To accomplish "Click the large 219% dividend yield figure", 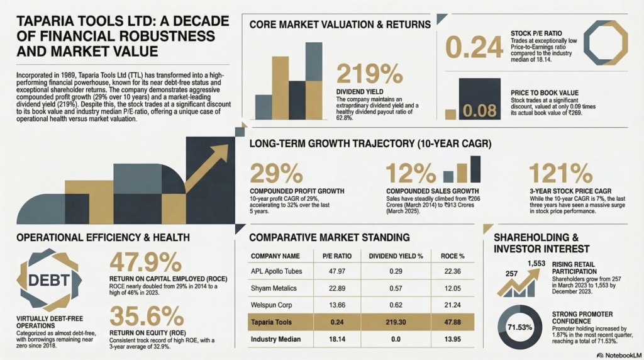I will [x=370, y=74].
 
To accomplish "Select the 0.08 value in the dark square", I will [x=480, y=111].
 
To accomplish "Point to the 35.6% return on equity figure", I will [x=145, y=315].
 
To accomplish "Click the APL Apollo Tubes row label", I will [x=277, y=271].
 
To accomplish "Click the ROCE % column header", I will [x=453, y=256].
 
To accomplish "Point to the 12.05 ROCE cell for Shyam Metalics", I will [x=453, y=288].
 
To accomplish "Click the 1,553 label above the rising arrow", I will [x=536, y=263].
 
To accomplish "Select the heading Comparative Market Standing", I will [x=330, y=237].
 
